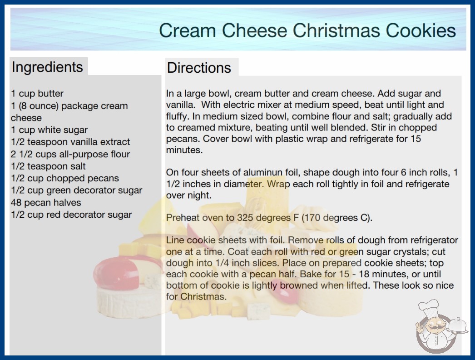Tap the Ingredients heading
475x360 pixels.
pyautogui.click(x=47, y=67)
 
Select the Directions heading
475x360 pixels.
pyautogui.click(x=199, y=68)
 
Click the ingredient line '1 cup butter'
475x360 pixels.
pyautogui.click(x=37, y=94)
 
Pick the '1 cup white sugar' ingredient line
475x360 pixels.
pyautogui.click(x=49, y=130)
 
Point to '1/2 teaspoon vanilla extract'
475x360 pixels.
pyautogui.click(x=70, y=142)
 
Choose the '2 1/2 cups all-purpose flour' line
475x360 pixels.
pyautogui.click(x=70, y=154)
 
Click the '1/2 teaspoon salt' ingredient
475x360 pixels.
pyautogui.click(x=48, y=166)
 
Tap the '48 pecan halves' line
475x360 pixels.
pyautogui.click(x=46, y=203)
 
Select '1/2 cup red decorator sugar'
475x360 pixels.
pyautogui.click(x=71, y=215)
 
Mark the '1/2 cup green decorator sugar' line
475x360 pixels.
pyautogui.click(x=77, y=190)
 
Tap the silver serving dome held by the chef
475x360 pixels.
pyautogui.click(x=457, y=326)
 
